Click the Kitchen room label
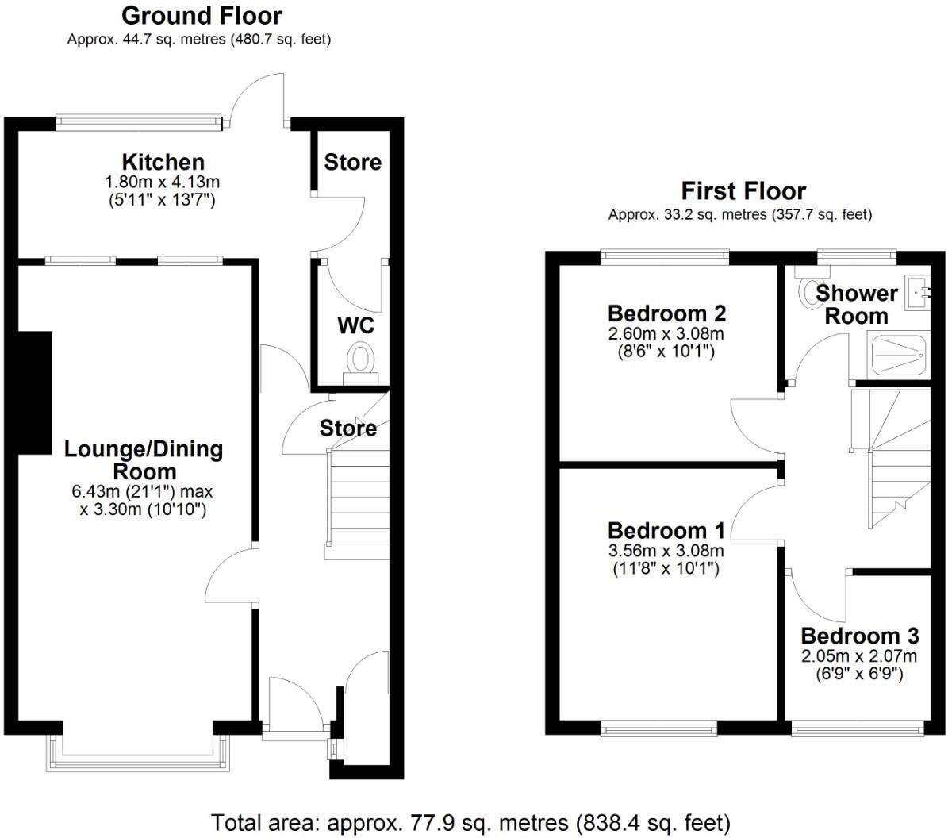point(163,162)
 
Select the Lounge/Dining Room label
point(144,460)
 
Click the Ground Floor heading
point(202,15)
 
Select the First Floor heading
point(743,191)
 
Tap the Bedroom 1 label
point(666,530)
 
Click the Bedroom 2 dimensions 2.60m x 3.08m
point(666,334)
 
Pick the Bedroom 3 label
point(859,636)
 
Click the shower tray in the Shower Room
point(900,355)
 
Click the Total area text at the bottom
point(470,822)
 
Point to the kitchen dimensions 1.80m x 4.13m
point(163,183)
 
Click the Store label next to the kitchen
point(352,163)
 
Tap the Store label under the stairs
point(347,429)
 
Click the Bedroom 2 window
point(665,255)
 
